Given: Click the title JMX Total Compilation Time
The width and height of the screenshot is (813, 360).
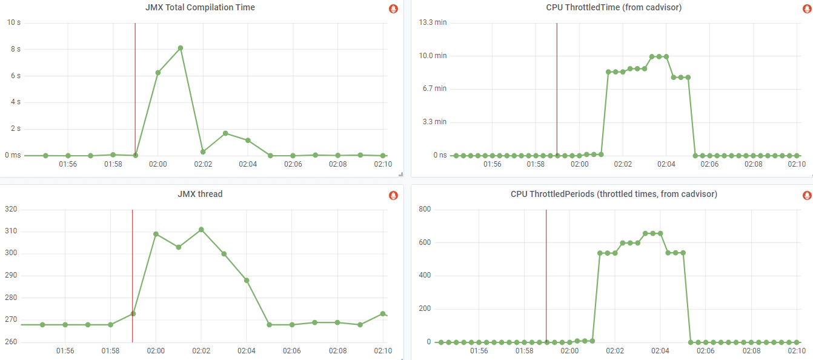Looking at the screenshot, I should point(200,8).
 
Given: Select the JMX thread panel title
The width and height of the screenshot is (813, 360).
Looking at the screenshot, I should point(200,195).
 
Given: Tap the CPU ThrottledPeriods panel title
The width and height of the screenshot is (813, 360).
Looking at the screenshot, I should point(614,195).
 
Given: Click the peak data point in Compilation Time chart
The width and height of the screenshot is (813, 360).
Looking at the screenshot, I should point(181,48).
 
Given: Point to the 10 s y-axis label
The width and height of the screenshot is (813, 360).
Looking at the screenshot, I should point(13,22).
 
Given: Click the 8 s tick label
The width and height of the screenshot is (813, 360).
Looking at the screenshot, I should point(15,49).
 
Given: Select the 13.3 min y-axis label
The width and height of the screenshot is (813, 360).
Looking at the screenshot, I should point(433,22).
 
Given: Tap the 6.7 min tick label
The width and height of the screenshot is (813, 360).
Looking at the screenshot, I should point(434,88).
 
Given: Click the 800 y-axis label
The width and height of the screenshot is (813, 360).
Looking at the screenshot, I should point(424,209).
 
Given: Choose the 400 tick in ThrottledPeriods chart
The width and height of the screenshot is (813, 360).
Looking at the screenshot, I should point(424,276).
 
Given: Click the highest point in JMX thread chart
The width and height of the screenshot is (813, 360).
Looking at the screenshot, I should point(201,230).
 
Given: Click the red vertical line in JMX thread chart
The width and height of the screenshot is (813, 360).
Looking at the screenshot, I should point(133,273).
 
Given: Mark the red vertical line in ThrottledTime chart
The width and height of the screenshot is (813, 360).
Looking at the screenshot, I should point(557,91).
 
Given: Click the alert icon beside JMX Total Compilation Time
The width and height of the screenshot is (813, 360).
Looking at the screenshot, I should point(393,8).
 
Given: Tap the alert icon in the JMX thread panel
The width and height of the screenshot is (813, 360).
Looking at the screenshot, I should point(393,195).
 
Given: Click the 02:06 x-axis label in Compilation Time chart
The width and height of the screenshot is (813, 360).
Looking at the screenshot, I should point(293,164).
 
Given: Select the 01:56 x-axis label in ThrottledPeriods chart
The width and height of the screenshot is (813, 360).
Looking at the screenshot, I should point(479,351).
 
